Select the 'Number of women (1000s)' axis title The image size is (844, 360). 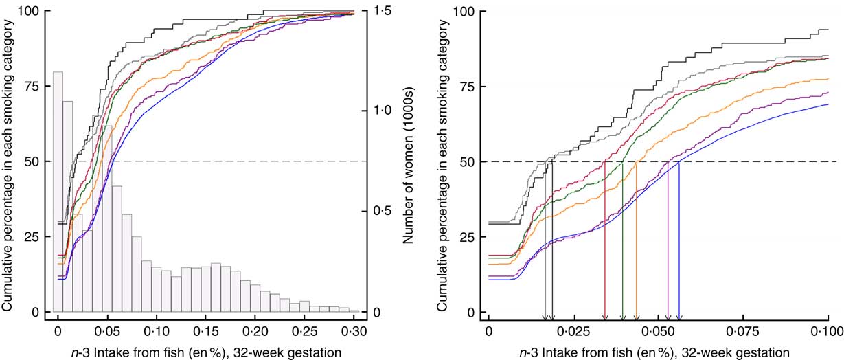click(x=407, y=162)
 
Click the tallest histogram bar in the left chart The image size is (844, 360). click(x=58, y=192)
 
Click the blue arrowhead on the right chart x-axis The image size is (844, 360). click(x=679, y=317)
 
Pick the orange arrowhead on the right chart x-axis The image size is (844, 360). click(x=637, y=317)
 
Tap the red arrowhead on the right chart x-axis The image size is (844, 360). click(x=604, y=317)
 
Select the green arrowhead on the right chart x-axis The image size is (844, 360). click(x=622, y=317)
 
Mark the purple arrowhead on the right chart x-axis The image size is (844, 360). click(x=668, y=317)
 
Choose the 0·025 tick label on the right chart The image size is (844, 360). click(x=573, y=331)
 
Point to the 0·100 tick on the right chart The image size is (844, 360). click(x=828, y=331)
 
